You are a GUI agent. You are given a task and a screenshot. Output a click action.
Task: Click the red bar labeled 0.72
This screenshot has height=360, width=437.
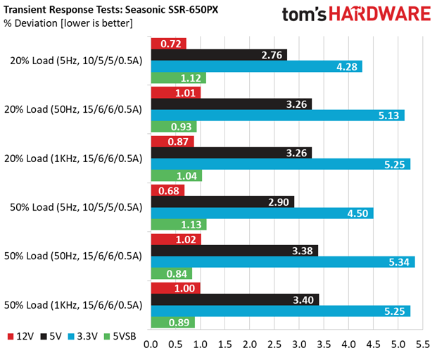[169, 44]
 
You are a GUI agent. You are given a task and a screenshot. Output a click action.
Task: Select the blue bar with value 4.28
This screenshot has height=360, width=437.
[257, 66]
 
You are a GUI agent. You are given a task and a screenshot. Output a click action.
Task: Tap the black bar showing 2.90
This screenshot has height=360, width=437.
[222, 201]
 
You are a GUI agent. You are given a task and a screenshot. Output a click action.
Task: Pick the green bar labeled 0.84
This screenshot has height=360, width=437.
[172, 273]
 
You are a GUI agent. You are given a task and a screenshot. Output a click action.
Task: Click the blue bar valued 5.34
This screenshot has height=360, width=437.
[283, 262]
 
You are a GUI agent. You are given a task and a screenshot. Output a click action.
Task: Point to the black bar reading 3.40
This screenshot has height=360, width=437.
[235, 299]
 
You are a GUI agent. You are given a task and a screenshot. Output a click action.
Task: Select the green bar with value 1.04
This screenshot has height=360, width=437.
[177, 175]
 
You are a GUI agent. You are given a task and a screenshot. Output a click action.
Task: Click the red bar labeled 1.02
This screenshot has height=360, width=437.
[176, 240]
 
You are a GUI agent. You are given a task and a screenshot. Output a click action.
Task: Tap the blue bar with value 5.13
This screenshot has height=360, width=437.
[278, 116]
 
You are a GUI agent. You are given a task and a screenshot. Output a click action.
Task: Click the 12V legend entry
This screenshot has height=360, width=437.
[20, 336]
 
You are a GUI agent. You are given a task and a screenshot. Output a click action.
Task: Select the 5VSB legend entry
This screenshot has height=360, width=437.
[120, 336]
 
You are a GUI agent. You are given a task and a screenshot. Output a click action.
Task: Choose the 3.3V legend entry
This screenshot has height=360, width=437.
[83, 336]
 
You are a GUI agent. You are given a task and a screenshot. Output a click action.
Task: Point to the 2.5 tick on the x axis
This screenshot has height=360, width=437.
[274, 345]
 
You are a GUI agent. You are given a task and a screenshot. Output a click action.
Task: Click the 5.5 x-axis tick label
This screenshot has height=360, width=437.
[423, 345]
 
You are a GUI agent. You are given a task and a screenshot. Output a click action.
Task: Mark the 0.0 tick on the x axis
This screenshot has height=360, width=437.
[151, 345]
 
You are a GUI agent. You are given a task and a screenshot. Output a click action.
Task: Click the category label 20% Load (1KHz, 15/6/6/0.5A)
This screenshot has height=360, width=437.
[73, 159]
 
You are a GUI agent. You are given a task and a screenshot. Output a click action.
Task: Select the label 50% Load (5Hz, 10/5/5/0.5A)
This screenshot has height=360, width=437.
[76, 207]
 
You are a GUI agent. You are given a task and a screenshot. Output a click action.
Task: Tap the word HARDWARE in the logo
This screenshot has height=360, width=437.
[379, 14]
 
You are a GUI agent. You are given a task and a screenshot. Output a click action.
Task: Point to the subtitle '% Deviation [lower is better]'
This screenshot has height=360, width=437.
[68, 23]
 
